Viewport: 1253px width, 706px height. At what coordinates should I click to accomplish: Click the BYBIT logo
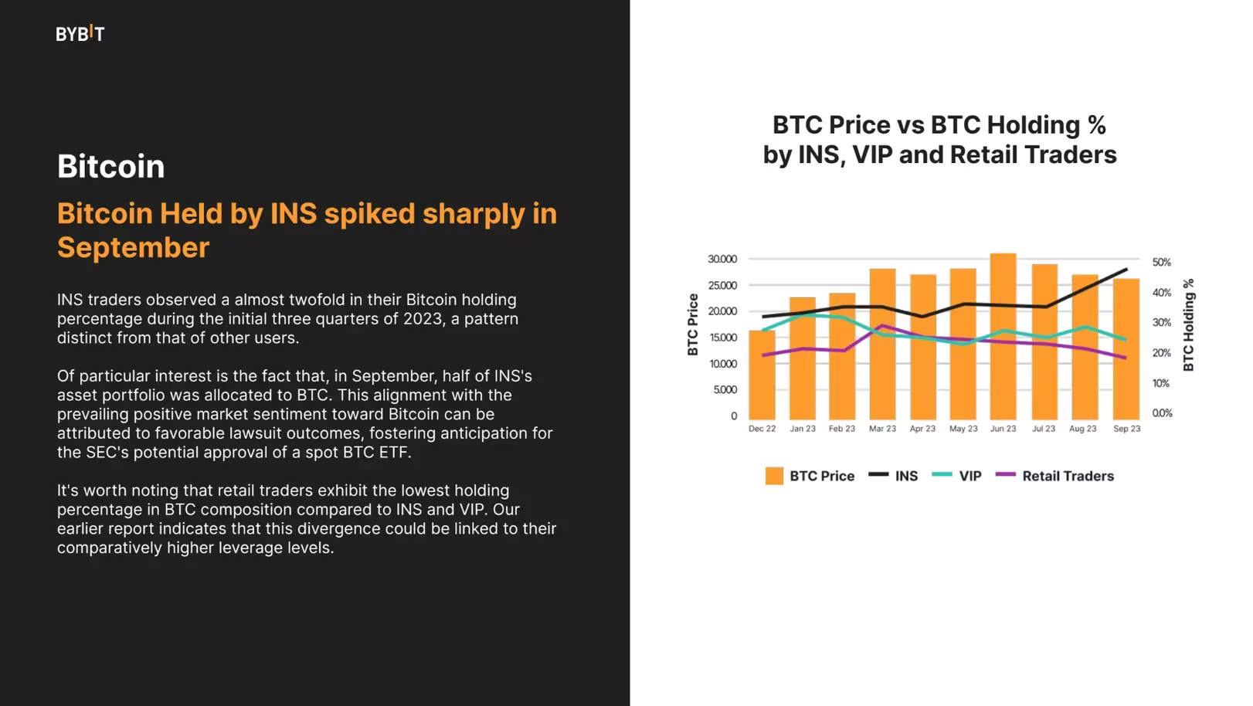pos(80,33)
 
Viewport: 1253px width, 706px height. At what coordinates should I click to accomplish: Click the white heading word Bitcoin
pos(110,167)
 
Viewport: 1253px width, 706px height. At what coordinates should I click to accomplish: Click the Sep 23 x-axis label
pos(1126,429)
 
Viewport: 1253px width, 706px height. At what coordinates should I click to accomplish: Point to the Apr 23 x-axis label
pos(922,429)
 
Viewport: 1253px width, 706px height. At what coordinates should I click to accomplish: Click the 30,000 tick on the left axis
pos(722,260)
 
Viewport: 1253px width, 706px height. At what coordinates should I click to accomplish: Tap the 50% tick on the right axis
pos(1161,263)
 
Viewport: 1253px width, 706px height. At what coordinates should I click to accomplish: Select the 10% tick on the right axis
pos(1161,383)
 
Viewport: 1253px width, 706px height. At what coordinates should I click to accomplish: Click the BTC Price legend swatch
pos(774,476)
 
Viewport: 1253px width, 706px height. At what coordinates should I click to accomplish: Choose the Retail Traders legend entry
pos(1068,476)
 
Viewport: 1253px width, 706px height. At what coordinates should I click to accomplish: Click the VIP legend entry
pos(969,476)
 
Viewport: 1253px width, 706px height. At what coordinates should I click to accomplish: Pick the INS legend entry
pos(906,476)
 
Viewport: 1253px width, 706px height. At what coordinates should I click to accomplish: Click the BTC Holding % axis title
pos(1188,324)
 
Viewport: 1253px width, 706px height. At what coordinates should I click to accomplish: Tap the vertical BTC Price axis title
pos(693,324)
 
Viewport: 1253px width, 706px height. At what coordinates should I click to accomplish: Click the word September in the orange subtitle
pos(133,248)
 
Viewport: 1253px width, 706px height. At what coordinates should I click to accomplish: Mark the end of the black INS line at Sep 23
pos(1126,270)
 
